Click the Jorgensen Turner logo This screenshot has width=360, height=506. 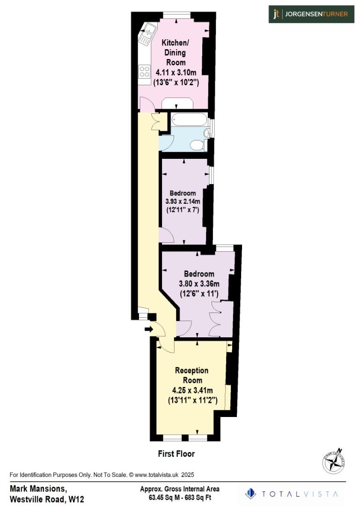[311, 14]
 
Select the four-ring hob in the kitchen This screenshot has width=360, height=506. [144, 72]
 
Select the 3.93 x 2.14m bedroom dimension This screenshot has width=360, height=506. [183, 201]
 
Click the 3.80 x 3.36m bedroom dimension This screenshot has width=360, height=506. [199, 283]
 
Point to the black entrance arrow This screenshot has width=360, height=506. [149, 329]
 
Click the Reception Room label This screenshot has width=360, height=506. [191, 375]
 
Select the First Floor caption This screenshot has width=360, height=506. [176, 454]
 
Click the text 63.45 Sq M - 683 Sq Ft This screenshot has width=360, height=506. [179, 497]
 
